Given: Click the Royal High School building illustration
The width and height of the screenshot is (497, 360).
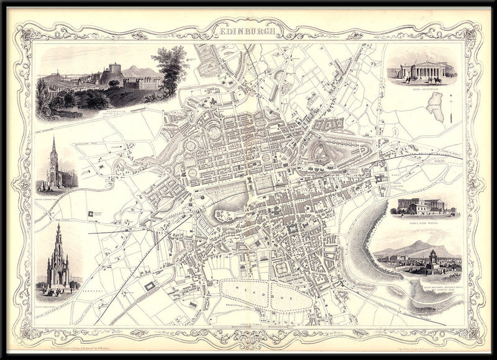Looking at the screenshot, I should coord(424,207).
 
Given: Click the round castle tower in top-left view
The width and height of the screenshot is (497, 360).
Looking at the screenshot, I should coord(114,70).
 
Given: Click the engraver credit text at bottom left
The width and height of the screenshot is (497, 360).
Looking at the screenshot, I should coord(81,333).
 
